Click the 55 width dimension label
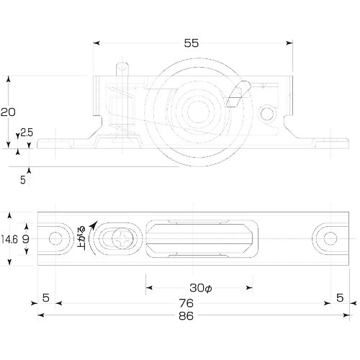(192, 43)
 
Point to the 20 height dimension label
(8, 112)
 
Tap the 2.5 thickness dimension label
(27, 132)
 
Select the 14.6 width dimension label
(9, 239)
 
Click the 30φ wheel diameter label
(201, 288)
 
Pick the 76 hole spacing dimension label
(186, 303)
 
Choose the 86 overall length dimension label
(186, 316)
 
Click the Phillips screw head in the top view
(122, 239)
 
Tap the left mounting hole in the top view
(55, 239)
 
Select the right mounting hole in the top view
(330, 239)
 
